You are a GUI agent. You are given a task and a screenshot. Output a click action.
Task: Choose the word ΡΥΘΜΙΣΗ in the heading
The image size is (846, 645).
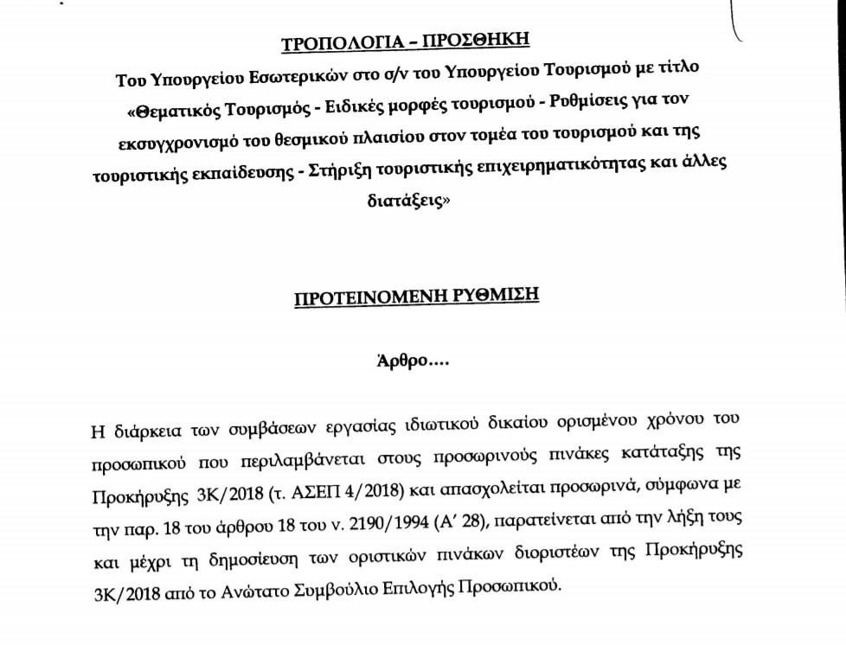click(x=496, y=296)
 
